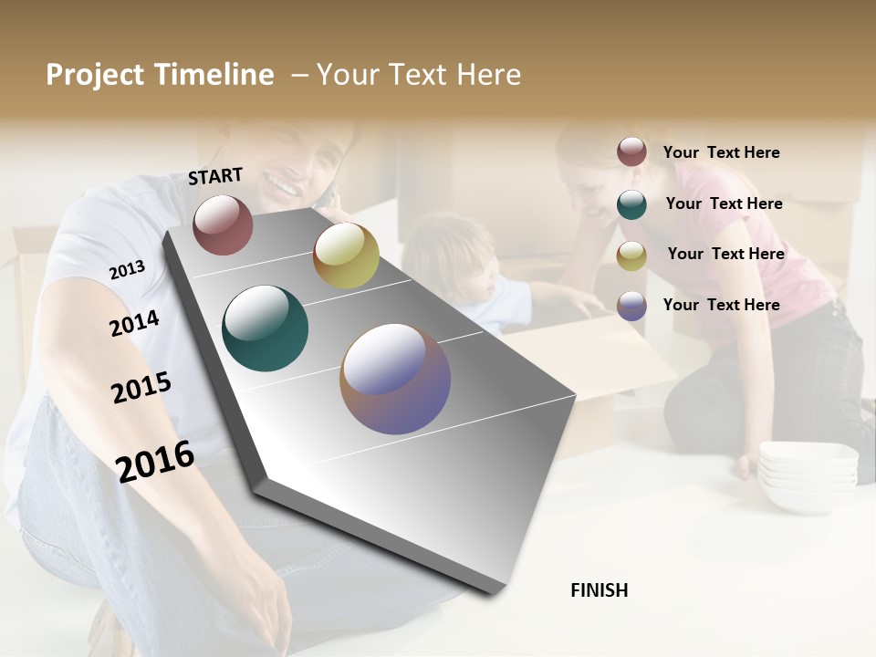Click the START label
pyautogui.click(x=215, y=176)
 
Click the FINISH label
pyautogui.click(x=600, y=590)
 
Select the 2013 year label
pyautogui.click(x=127, y=270)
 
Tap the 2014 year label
pyautogui.click(x=134, y=323)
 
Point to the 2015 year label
pyautogui.click(x=141, y=388)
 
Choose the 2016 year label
pyautogui.click(x=155, y=461)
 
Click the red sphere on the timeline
pyautogui.click(x=223, y=224)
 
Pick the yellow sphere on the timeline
pyautogui.click(x=346, y=255)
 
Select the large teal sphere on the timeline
pyautogui.click(x=265, y=328)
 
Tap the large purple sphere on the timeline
pyautogui.click(x=395, y=379)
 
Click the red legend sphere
pyautogui.click(x=631, y=152)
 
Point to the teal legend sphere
pyautogui.click(x=631, y=204)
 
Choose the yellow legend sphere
pyautogui.click(x=631, y=255)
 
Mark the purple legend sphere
pyautogui.click(x=631, y=306)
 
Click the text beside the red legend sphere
pyautogui.click(x=721, y=152)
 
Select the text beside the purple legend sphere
pyautogui.click(x=721, y=305)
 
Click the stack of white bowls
pyautogui.click(x=808, y=474)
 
